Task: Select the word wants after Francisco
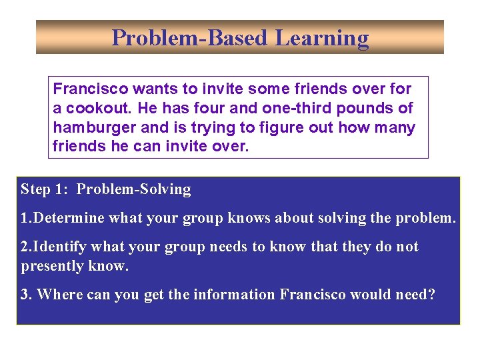tap(152, 89)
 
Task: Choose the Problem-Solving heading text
tap(133, 189)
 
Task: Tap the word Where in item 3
tap(56, 295)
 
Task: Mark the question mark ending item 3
tap(431, 295)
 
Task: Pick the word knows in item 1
tap(251, 218)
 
